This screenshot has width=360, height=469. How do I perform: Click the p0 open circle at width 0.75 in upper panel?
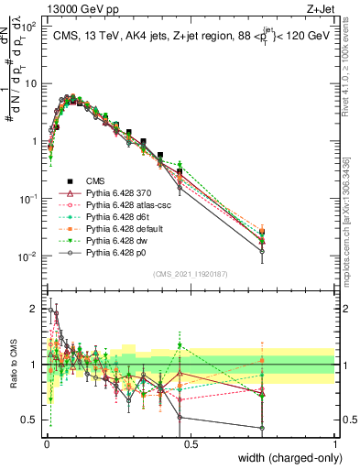[x=262, y=251]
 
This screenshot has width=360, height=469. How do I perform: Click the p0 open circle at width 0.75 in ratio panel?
[x=262, y=428]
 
